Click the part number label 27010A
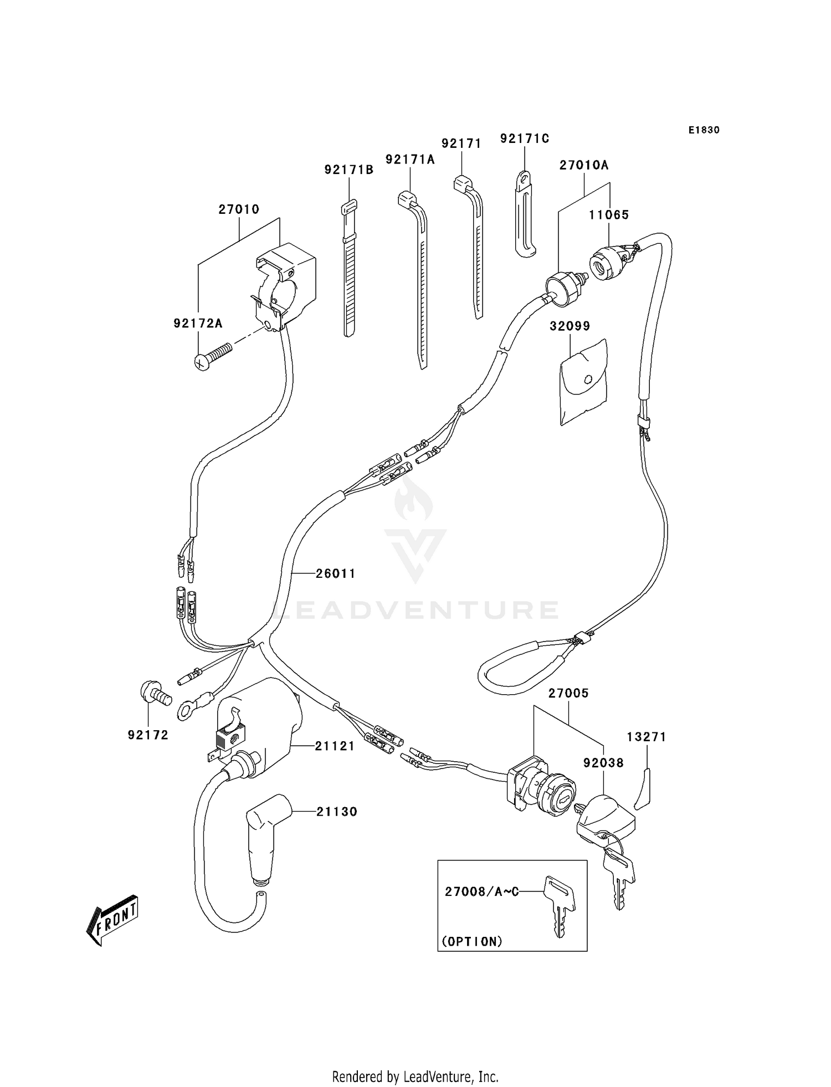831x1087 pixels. click(584, 165)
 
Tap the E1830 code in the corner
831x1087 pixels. click(704, 130)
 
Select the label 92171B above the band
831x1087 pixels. click(349, 170)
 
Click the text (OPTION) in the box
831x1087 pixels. click(472, 941)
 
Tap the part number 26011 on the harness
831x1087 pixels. click(335, 574)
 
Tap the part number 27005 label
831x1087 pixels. click(568, 693)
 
